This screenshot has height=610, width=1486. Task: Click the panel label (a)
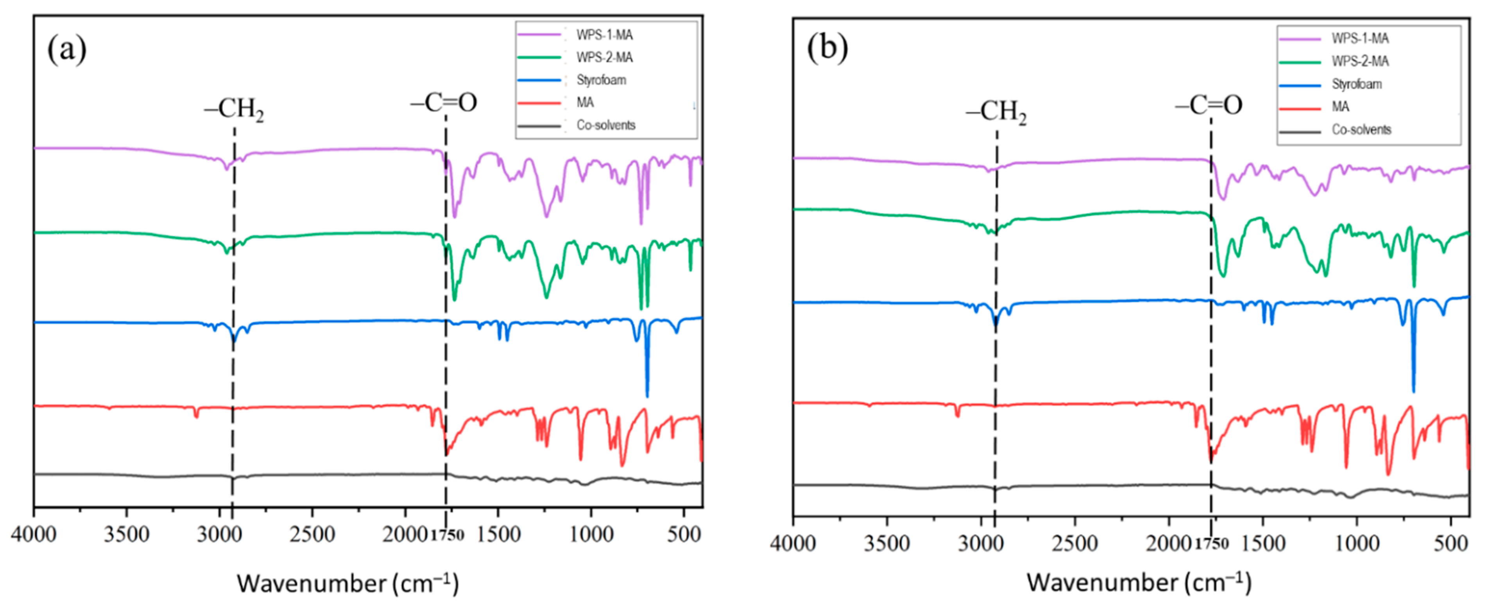click(67, 49)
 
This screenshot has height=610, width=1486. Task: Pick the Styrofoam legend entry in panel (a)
click(601, 80)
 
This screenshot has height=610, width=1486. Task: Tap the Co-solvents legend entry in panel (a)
click(606, 125)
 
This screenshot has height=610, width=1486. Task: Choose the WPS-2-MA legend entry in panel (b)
click(1360, 61)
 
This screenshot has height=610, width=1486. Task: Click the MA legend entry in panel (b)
click(1340, 107)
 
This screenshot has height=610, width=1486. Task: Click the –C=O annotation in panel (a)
click(444, 103)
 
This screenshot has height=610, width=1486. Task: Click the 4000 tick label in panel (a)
click(34, 534)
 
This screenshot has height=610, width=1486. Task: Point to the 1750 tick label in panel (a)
click(447, 535)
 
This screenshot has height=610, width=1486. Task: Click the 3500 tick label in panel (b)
click(887, 543)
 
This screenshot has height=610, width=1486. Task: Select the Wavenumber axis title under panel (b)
click(1139, 582)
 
